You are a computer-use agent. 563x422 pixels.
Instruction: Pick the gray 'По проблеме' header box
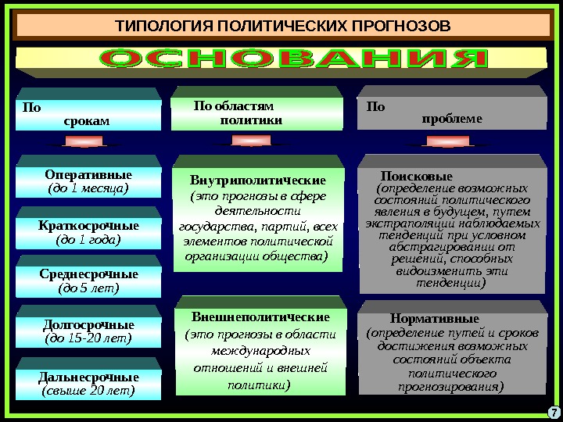click(451, 114)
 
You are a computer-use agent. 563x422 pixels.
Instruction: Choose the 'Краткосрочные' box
click(88, 232)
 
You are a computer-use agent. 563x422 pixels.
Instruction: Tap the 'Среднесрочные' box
click(88, 281)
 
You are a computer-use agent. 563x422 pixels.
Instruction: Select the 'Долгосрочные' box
click(88, 331)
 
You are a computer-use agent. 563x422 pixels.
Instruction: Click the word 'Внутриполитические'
click(258, 181)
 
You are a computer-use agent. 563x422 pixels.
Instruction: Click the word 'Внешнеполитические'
click(260, 317)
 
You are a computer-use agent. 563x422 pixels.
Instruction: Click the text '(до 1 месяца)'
click(88, 188)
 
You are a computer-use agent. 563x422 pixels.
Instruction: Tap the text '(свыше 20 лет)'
click(88, 390)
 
